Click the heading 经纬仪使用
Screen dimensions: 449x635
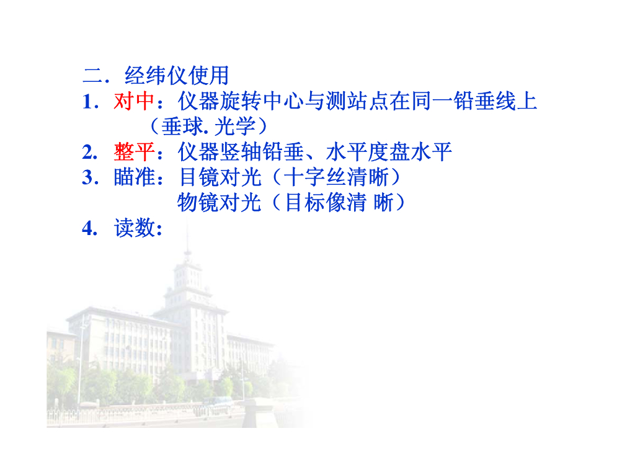pyautogui.click(x=177, y=76)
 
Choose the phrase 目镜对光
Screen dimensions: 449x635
pyautogui.click(x=219, y=177)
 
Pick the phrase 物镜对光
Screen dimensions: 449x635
pyautogui.click(x=219, y=203)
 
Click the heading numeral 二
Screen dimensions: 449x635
pyautogui.click(x=92, y=76)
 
